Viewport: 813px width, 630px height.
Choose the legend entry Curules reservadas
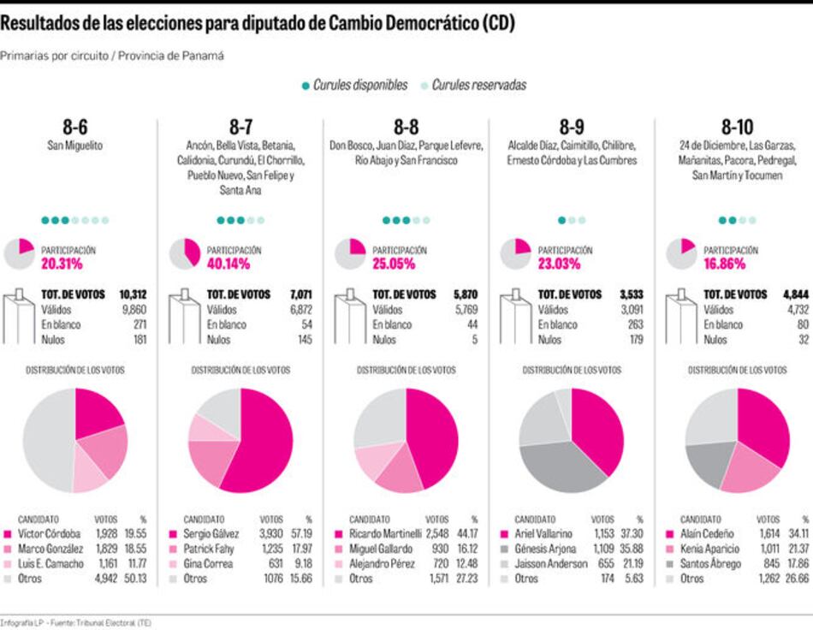pos(478,86)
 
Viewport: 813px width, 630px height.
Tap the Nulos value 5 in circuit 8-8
pos(476,340)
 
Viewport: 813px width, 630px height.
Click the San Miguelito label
pos(74,146)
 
